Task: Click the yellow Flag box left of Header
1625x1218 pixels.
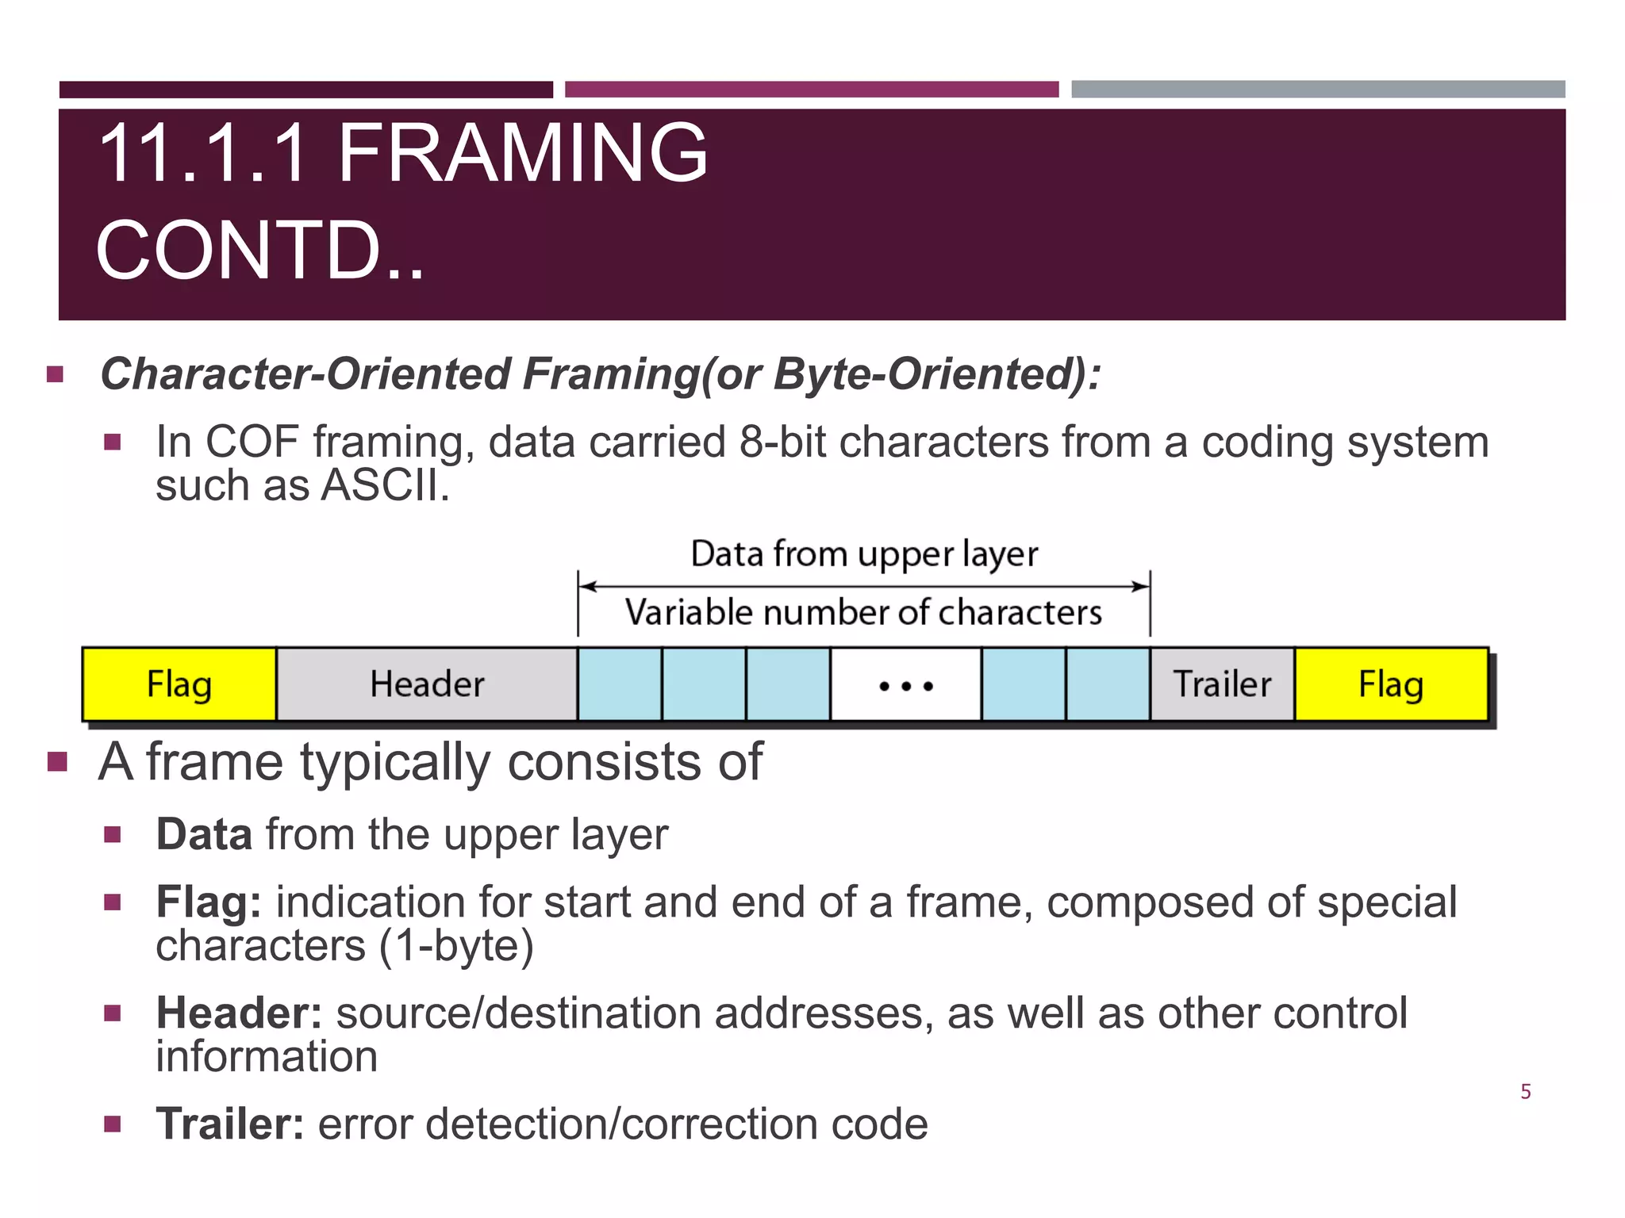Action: pos(179,684)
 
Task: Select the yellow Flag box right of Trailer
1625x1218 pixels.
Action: pos(1391,684)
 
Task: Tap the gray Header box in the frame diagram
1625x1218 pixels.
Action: pos(427,684)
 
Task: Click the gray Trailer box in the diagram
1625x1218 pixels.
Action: pos(1222,684)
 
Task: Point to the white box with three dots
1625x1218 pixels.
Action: pos(905,684)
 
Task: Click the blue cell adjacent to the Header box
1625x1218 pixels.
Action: pos(620,684)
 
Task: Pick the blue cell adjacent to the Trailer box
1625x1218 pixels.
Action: pos(1108,684)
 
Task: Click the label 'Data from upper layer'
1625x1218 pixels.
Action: pos(864,553)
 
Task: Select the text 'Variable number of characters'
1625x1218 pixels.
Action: pos(863,612)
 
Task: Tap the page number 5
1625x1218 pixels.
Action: pos(1525,1092)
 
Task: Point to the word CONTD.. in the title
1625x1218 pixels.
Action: pos(260,251)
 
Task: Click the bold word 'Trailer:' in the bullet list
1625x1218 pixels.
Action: pos(229,1124)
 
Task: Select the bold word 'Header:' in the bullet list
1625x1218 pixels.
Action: pos(239,1013)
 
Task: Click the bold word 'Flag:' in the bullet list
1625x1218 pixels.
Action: pos(209,902)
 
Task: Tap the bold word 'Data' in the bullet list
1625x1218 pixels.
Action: pos(204,834)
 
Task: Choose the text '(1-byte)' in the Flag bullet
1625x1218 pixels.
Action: pos(456,945)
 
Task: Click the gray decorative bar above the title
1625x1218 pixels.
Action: pos(1318,89)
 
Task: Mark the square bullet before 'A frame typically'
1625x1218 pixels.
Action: pos(57,763)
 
